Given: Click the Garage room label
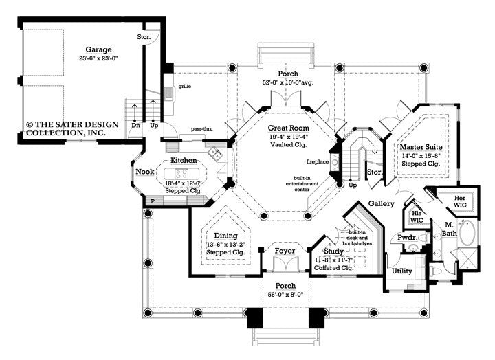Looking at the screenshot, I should pos(98,49).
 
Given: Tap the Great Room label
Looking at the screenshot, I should pos(287,128).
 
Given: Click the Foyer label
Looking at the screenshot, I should pos(285,251).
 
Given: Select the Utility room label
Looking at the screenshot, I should pos(402,271).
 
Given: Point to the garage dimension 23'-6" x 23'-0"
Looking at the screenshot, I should pos(98,59).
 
